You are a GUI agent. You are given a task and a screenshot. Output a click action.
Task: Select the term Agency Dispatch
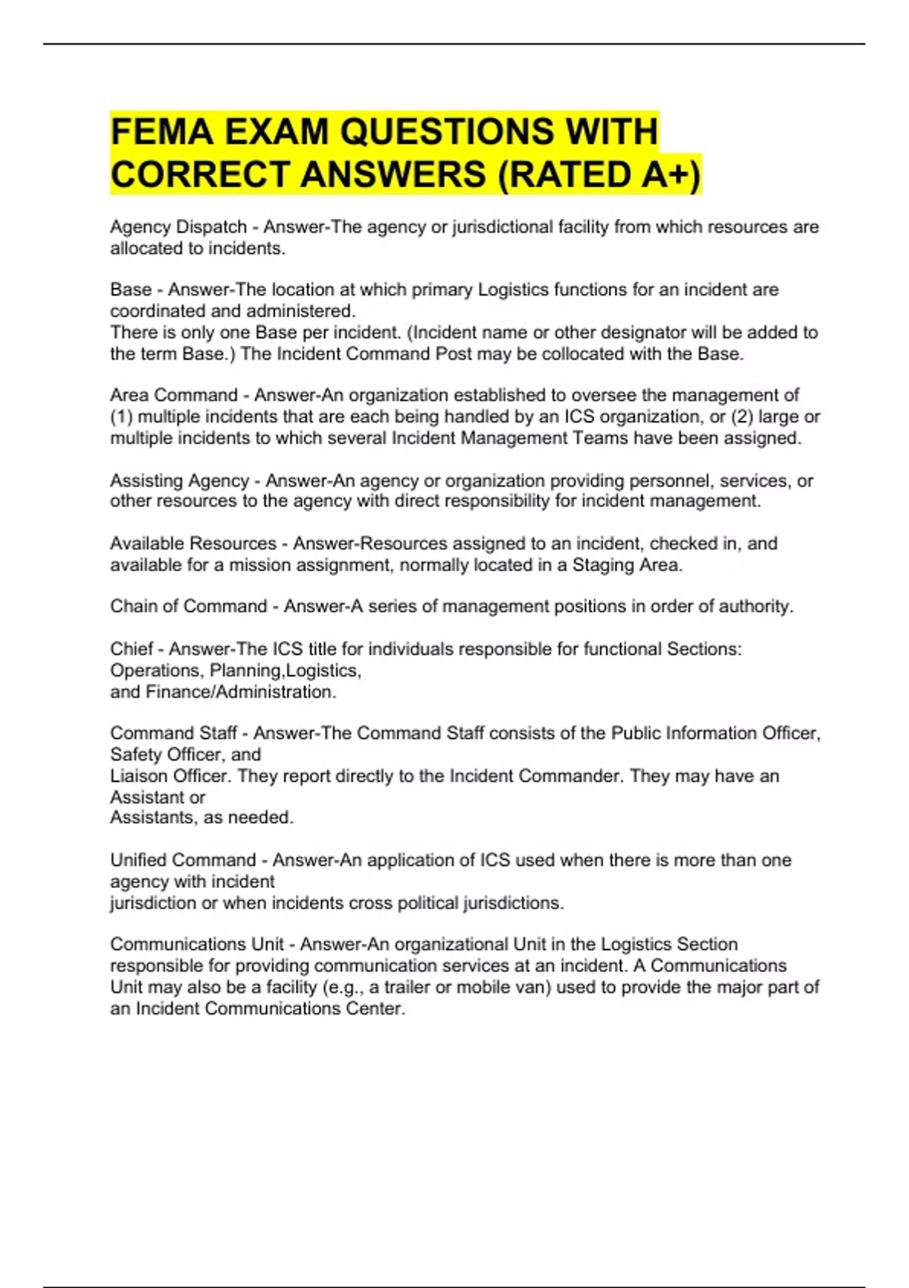(179, 227)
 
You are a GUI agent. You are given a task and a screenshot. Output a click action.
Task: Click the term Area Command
(173, 395)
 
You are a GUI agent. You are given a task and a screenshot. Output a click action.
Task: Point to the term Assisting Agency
(180, 480)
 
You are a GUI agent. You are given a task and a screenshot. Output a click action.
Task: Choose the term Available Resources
(193, 543)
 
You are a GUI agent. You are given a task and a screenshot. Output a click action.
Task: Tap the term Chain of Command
(189, 606)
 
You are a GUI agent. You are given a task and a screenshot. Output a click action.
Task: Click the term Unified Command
(183, 860)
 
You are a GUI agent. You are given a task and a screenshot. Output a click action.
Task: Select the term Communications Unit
(197, 944)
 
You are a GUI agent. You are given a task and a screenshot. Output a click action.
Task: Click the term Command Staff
(173, 733)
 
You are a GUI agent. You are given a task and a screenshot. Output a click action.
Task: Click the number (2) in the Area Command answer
(742, 417)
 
